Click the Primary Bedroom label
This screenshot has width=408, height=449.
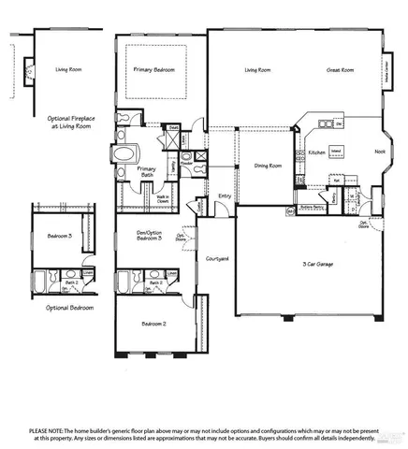(x=154, y=69)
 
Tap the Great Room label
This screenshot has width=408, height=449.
(x=340, y=70)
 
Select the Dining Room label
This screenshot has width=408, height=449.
(x=268, y=166)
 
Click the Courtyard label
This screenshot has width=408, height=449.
(x=217, y=258)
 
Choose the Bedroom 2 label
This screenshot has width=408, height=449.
(x=154, y=324)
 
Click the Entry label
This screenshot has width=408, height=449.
(x=225, y=196)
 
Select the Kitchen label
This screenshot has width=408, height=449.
(x=317, y=152)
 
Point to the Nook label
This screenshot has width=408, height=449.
(x=379, y=152)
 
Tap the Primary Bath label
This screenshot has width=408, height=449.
(x=146, y=172)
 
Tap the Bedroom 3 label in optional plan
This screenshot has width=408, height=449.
(x=56, y=237)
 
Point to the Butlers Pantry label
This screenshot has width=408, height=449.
(x=312, y=208)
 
